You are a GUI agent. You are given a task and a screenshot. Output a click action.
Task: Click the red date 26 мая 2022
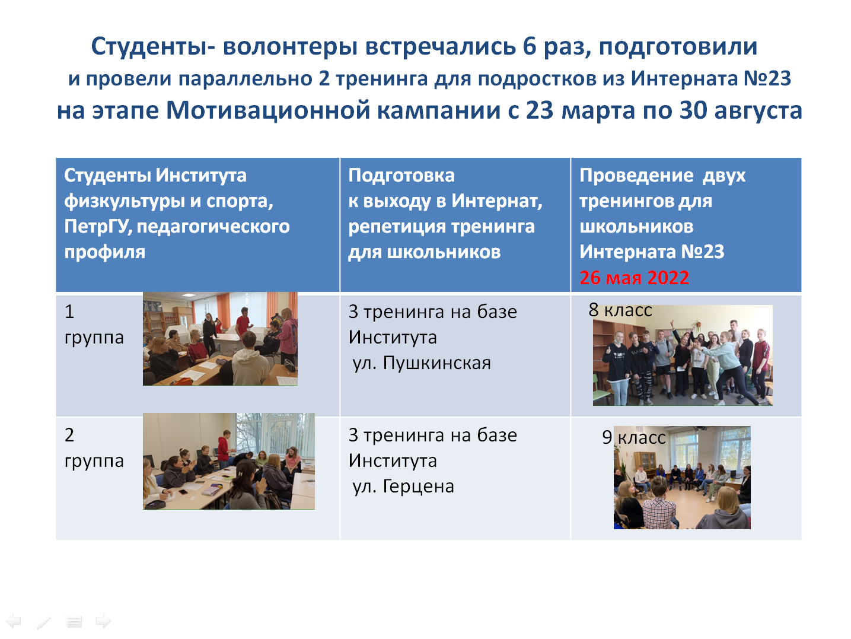pyautogui.click(x=634, y=278)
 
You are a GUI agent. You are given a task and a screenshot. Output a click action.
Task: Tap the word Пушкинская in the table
pyautogui.click(x=436, y=363)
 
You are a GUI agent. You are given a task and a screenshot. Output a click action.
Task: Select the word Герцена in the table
pyautogui.click(x=418, y=487)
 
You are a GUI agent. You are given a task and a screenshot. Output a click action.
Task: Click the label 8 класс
pyautogui.click(x=620, y=310)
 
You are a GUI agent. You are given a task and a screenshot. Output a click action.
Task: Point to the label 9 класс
pyautogui.click(x=634, y=437)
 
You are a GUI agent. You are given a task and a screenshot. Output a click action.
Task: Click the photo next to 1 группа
pyautogui.click(x=220, y=339)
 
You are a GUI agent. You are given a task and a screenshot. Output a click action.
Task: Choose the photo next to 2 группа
pyautogui.click(x=229, y=461)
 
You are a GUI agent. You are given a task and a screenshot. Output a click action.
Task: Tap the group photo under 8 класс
pyautogui.click(x=683, y=355)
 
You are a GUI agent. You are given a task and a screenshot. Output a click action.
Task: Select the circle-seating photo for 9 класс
pyautogui.click(x=682, y=478)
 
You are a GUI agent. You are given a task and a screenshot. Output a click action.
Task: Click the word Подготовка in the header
pyautogui.click(x=401, y=175)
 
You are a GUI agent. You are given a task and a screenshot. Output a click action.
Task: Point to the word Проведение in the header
pyautogui.click(x=636, y=175)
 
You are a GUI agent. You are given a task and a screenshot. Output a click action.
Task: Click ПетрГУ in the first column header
pyautogui.click(x=98, y=227)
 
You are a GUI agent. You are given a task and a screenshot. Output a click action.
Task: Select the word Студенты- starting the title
pyautogui.click(x=153, y=47)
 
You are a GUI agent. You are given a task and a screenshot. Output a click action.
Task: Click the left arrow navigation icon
pyautogui.click(x=14, y=621)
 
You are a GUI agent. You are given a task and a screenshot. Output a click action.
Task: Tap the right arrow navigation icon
pyautogui.click(x=104, y=621)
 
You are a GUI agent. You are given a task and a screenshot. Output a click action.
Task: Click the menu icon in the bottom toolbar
pyautogui.click(x=74, y=622)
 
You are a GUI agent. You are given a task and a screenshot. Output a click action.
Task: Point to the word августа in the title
pyautogui.click(x=758, y=112)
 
